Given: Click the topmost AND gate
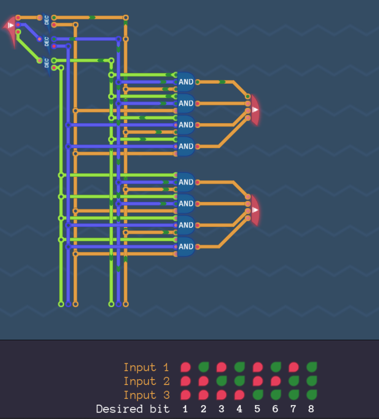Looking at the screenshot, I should tap(186, 82).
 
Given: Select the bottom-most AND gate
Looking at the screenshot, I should tap(186, 247).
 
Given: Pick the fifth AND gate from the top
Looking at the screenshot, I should tap(186, 182).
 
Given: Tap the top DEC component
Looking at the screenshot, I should tap(46, 21).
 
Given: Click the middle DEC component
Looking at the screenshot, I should tap(46, 42).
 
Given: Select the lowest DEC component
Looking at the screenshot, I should tap(46, 64).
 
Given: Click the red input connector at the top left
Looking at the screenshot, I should tap(10, 25).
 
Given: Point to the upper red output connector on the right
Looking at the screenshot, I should tap(254, 110).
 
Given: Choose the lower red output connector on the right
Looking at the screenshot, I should tap(254, 210).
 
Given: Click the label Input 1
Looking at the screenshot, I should tap(146, 367).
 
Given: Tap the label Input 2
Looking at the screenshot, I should tap(146, 381).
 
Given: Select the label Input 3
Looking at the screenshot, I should tap(146, 395).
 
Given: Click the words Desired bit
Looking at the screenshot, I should tap(133, 409).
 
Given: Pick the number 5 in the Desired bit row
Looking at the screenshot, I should tap(257, 409).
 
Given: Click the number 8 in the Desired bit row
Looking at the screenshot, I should tap(311, 409).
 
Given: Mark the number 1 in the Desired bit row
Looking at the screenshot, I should tap(186, 409).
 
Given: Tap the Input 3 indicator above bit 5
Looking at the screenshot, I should tap(257, 395).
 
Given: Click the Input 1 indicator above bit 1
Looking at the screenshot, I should tap(186, 367).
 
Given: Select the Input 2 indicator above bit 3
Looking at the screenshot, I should tap(221, 381).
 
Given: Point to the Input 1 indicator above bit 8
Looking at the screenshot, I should tap(311, 367).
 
